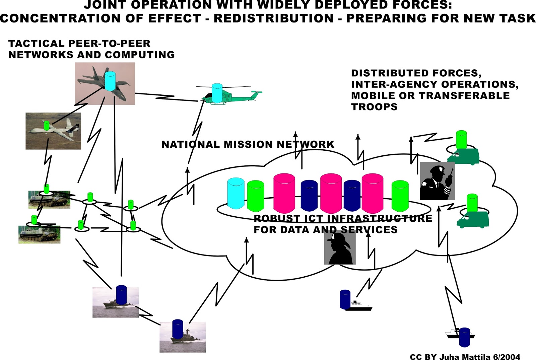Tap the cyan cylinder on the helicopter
click(x=217, y=93)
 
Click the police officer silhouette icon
click(x=437, y=181)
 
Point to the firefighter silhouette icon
click(x=340, y=248)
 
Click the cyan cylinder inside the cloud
click(x=236, y=193)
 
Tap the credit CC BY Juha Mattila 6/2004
click(x=465, y=357)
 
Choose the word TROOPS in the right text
click(x=374, y=107)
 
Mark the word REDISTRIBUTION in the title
click(x=273, y=18)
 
